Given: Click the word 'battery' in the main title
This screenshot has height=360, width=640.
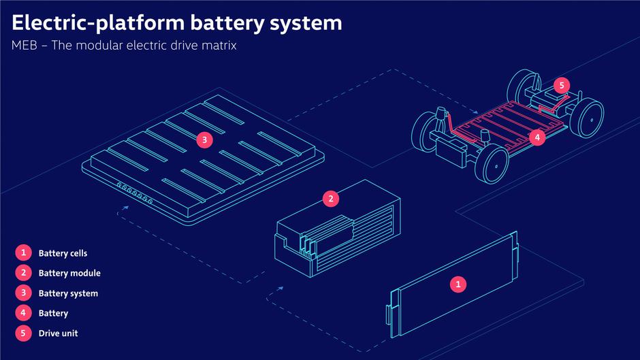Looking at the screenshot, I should tap(231, 23).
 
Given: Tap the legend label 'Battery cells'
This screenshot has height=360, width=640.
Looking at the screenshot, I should tap(63, 253).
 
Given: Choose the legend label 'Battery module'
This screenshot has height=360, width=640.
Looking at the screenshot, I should tap(69, 274).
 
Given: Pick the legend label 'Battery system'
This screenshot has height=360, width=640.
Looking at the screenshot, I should tap(68, 293).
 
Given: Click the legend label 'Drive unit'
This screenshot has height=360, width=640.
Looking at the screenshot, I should tap(59, 333).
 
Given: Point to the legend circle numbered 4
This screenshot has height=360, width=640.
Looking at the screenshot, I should tap(23, 313).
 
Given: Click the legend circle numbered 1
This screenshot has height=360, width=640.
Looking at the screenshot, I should tap(23, 253).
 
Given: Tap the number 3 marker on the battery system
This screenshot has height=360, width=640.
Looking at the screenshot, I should tap(204, 140).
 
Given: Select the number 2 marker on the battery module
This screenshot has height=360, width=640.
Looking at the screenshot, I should tap(331, 199).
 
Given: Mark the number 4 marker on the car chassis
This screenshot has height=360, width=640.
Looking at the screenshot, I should tap(537, 137).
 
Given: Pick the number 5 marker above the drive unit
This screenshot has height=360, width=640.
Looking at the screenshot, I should tap(561, 86).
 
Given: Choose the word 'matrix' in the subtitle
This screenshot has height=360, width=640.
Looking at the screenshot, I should tap(219, 47).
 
